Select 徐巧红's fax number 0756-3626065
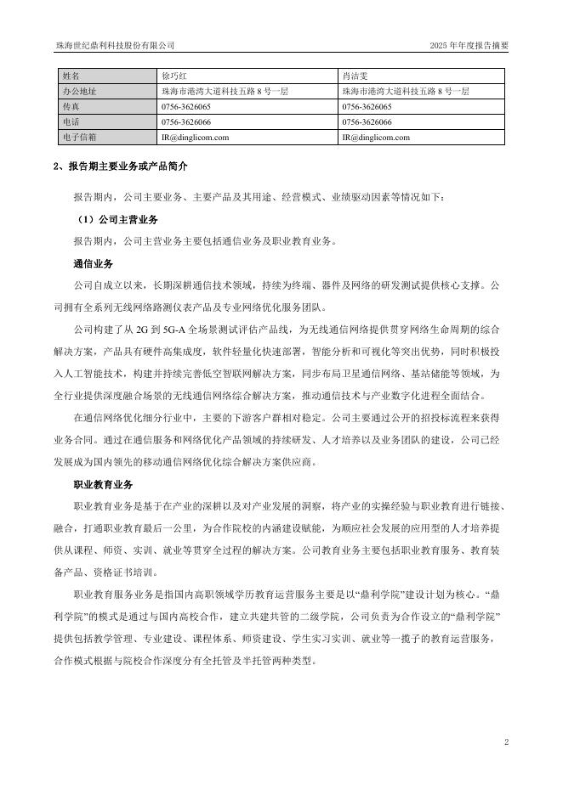click(186, 107)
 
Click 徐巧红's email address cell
click(194, 137)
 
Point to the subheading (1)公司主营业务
click(117, 219)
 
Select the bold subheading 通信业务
click(94, 263)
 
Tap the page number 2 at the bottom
click(506, 742)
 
